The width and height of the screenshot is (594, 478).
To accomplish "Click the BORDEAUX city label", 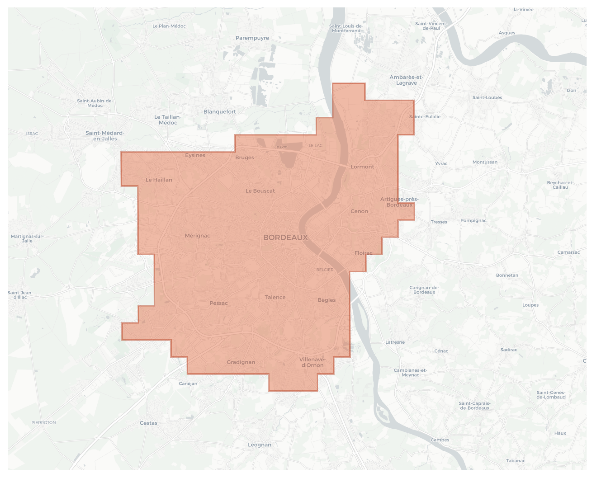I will coord(285,238).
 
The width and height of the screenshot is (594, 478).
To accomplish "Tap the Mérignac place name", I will coord(197,236).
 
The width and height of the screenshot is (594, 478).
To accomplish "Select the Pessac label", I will coord(219,303).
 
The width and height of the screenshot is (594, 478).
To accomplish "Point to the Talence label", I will coord(275,297).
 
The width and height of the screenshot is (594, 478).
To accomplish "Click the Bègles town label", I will coord(327,300).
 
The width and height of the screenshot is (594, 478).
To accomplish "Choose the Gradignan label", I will coord(241,362).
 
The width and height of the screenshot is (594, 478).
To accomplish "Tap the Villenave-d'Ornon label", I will coord(312,363).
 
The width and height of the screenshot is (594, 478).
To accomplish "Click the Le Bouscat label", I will coord(260,191).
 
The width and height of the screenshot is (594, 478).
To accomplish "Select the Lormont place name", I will coord(362,167).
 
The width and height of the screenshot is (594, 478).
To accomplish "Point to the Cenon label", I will coord(359,211).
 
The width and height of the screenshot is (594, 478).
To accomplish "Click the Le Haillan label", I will coord(159,180).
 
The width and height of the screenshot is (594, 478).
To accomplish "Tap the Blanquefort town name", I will coord(220,112).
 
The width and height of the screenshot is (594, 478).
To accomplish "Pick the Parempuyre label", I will coord(252,38).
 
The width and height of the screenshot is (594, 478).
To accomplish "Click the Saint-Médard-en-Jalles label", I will coord(105,136).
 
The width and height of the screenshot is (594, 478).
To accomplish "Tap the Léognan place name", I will coord(259,445).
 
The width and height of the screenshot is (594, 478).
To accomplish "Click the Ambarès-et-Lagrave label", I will coord(406,80).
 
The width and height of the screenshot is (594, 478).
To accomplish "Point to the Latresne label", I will coord(395,342).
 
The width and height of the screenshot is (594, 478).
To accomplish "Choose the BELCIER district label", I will coord(325,270).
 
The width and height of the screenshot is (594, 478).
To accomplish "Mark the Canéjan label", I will coord(188,383).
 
